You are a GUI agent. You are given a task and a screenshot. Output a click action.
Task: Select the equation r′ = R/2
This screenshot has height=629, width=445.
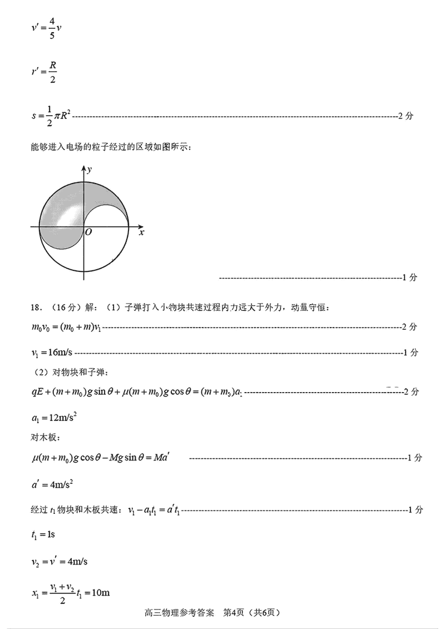coord(44,72)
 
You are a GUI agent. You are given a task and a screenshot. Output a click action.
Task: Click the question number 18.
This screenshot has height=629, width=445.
coord(37,308)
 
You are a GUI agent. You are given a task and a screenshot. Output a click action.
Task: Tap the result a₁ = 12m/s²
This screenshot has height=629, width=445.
coord(53,418)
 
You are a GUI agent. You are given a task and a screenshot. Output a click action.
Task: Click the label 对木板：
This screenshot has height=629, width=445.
coord(44,437)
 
